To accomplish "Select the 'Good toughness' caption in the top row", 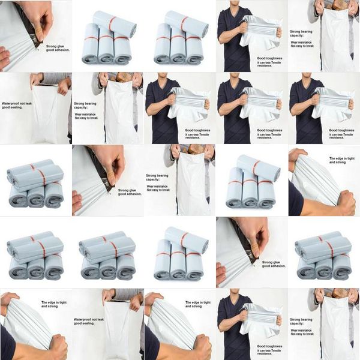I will tap(269, 57).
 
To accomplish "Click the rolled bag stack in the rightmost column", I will tap(324, 256).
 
